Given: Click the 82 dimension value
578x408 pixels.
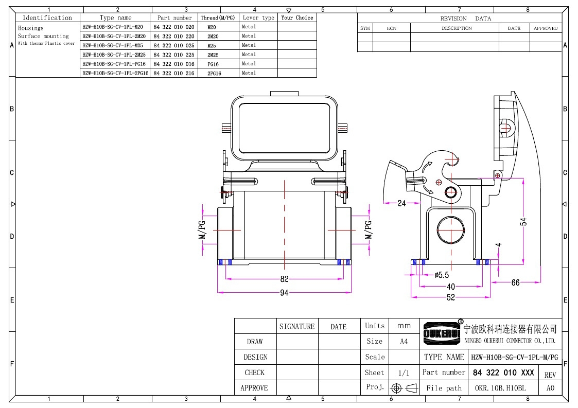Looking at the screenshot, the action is click(284, 279).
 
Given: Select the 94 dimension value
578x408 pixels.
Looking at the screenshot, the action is click(284, 293).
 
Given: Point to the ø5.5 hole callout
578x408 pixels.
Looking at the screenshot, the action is click(442, 275).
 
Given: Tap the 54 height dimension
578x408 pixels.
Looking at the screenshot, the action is click(523, 222).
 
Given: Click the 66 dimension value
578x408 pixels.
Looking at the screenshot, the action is click(515, 282).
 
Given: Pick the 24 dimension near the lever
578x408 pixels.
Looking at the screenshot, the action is click(401, 203).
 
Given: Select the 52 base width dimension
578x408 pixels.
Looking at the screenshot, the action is click(451, 297).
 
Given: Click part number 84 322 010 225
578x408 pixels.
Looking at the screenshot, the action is click(174, 55).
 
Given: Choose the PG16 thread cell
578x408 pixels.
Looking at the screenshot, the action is click(213, 64).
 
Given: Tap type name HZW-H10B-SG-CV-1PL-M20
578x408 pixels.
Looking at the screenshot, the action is click(113, 27).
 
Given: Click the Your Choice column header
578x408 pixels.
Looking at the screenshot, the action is click(297, 17).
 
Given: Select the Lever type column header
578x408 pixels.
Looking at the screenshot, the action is click(258, 17).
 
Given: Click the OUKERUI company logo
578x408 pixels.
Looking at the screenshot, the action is click(442, 333).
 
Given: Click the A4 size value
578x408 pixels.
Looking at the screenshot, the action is click(404, 342).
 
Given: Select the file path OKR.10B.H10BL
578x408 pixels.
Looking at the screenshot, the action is click(500, 388).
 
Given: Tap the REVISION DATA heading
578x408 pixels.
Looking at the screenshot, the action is click(466, 19).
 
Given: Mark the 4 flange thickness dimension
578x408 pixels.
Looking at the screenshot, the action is click(498, 244).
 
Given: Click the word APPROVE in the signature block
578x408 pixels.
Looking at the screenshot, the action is click(254, 388).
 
